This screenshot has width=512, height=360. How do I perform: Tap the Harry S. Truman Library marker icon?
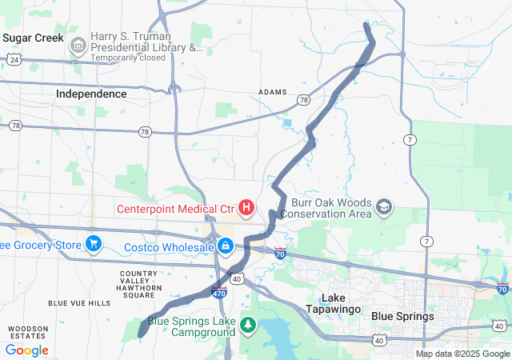[x=78, y=46]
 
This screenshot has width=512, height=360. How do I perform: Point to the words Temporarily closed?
[x=128, y=58]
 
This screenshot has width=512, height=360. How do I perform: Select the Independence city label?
[x=91, y=94]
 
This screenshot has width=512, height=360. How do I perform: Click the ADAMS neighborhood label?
[x=273, y=92]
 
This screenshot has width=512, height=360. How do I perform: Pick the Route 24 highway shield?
[x=14, y=59]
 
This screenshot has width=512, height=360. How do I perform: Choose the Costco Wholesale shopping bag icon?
[x=226, y=246]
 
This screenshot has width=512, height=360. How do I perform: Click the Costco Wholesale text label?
[x=169, y=247]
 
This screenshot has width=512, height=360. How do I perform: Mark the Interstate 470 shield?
[x=219, y=293]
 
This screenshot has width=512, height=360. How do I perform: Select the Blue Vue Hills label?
[x=79, y=303]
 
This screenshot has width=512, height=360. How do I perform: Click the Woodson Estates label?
[x=28, y=333]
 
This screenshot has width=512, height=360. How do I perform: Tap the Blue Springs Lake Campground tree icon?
[x=249, y=325]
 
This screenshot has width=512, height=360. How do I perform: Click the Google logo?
[x=27, y=350]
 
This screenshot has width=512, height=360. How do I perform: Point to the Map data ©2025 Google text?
[x=462, y=354]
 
